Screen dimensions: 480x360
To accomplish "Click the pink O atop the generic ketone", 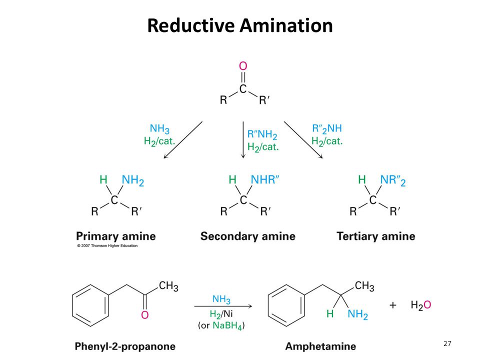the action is click(x=243, y=66).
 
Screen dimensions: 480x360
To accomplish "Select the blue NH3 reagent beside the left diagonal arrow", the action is click(x=159, y=129).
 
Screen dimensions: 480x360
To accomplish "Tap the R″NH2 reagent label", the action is click(x=262, y=134).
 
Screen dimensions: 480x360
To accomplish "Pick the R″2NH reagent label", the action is click(x=327, y=129).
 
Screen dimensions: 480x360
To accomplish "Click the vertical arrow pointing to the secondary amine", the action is click(x=243, y=140).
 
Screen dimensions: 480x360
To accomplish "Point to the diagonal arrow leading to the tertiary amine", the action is click(x=303, y=140).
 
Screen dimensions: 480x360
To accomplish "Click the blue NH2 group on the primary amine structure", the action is click(x=133, y=180).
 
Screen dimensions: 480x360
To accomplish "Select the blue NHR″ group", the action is click(x=265, y=179).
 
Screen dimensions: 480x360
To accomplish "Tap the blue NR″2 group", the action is click(x=393, y=180).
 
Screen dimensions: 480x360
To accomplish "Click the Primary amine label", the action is click(x=116, y=236).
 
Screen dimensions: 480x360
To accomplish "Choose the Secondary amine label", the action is click(x=248, y=236).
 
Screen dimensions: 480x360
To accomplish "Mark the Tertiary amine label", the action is click(x=376, y=236).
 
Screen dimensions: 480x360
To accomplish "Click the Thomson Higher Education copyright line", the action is click(x=107, y=245).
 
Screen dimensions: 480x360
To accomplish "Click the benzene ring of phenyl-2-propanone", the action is click(x=90, y=305).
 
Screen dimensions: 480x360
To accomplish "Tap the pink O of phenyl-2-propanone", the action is click(x=145, y=315).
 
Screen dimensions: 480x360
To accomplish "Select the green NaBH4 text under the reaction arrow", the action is click(x=227, y=325).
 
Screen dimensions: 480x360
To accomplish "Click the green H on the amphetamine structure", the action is click(x=330, y=314).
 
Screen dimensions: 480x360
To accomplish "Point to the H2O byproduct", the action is click(x=421, y=305).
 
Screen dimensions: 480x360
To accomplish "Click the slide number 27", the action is click(x=447, y=343).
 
